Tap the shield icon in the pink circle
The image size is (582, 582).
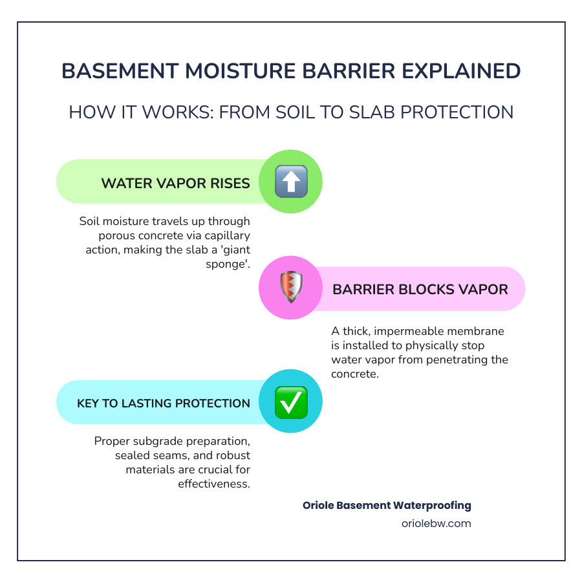click(291, 288)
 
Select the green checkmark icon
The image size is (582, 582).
click(291, 402)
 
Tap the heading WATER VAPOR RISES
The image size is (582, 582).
click(175, 184)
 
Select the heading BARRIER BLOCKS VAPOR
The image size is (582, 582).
click(420, 289)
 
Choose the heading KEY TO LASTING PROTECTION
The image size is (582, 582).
click(164, 404)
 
